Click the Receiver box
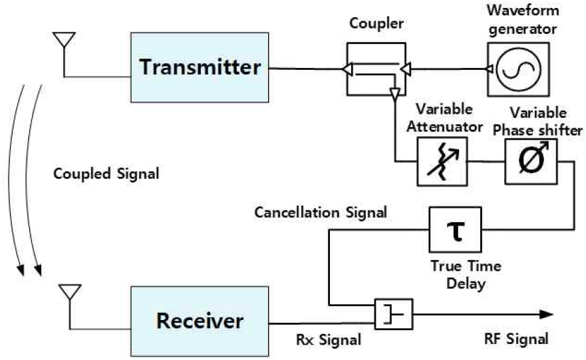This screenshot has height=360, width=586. coord(200,321)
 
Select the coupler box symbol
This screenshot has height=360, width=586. coord(377,69)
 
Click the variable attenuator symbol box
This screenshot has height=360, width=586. coord(440,161)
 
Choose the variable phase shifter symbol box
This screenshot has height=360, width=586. coord(530,162)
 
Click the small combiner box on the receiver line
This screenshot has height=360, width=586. coord(394,313)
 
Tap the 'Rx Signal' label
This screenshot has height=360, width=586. coord(329,340)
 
